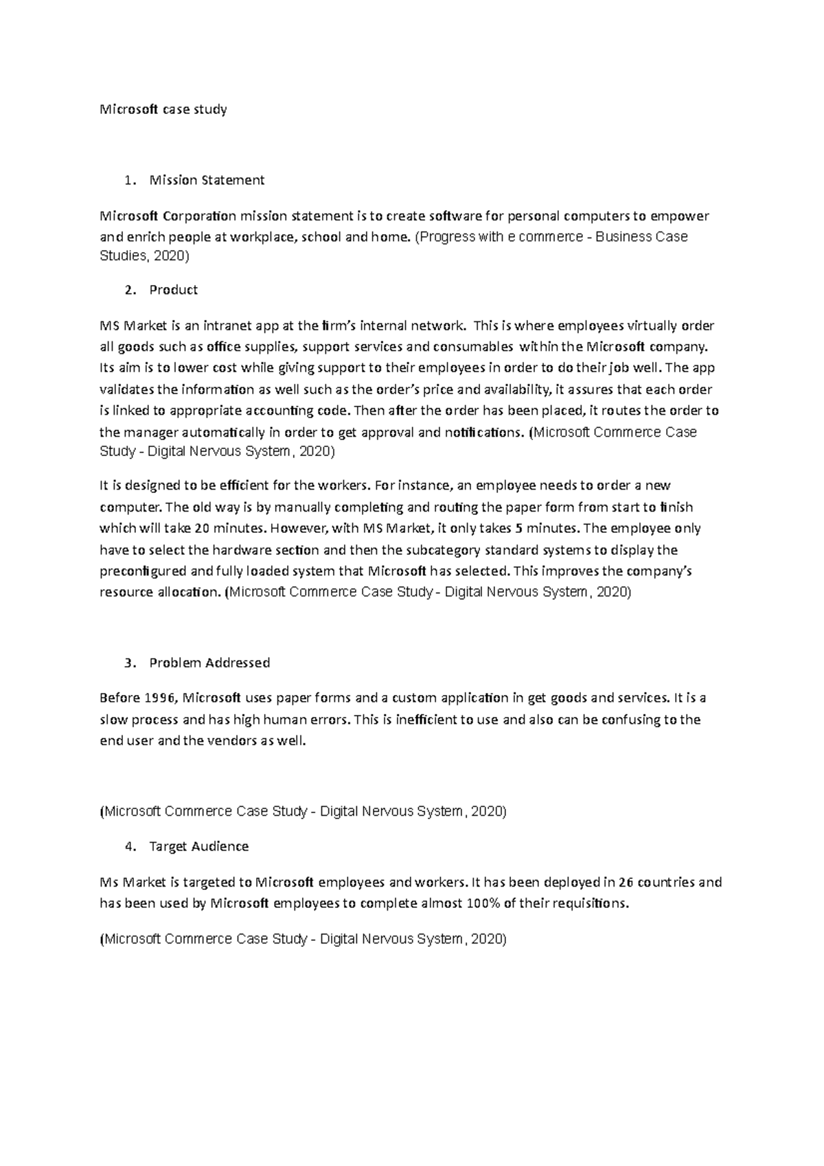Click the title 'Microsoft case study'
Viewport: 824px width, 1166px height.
tap(163, 109)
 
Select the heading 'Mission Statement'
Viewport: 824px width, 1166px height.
tap(207, 181)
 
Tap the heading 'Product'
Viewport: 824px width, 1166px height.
tap(173, 290)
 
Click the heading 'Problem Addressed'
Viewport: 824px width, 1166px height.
tap(209, 663)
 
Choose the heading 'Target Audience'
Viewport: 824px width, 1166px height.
tap(198, 847)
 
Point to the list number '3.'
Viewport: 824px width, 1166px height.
tap(130, 663)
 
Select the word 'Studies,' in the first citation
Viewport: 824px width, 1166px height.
tap(124, 257)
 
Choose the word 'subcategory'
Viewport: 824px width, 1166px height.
tap(433, 550)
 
